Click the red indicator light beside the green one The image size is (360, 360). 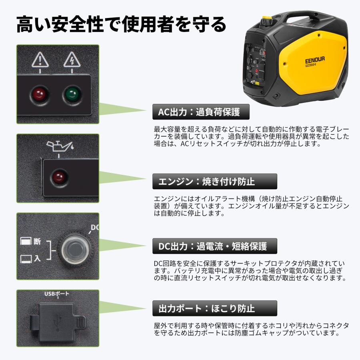[x=39, y=95]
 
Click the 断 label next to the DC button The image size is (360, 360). [x=37, y=241]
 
